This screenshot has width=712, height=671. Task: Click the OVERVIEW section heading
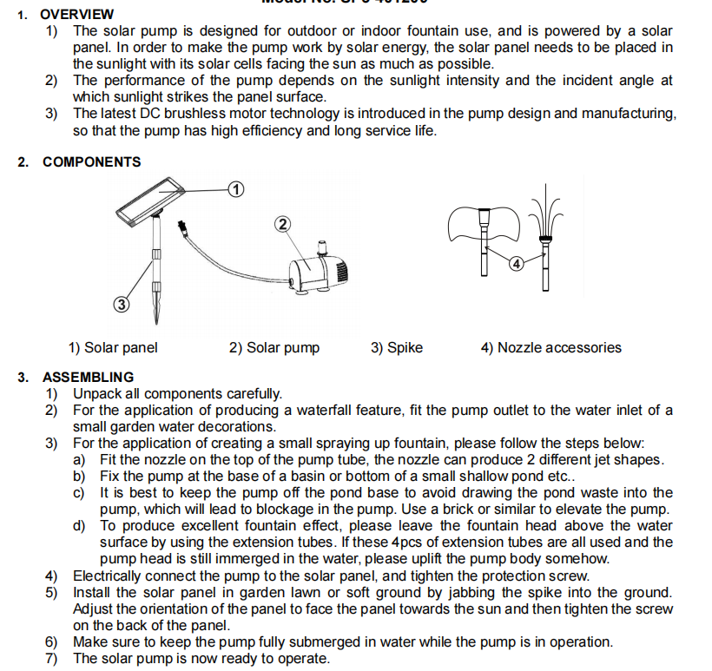(77, 14)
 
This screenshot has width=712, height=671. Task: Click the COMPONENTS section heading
(91, 161)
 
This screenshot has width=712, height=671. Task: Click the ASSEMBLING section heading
(88, 377)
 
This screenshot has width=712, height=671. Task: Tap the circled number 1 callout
(235, 188)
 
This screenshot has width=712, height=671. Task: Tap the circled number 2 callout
(282, 224)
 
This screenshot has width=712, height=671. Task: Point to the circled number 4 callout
(516, 264)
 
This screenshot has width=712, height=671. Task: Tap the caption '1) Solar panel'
(113, 347)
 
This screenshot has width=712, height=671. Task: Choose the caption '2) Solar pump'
(274, 347)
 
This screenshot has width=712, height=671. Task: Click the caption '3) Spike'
(397, 347)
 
